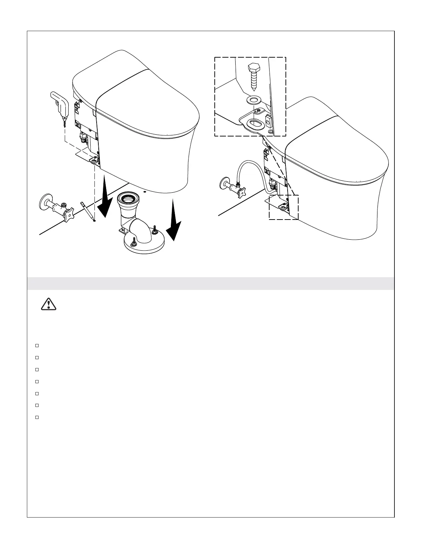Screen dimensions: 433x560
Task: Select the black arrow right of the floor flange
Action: coord(173,222)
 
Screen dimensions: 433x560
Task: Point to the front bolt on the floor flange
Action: coord(134,242)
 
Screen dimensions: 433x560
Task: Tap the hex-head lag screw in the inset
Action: coord(254,76)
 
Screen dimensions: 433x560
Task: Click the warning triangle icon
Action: coord(48,304)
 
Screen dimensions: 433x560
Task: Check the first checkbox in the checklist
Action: coord(37,345)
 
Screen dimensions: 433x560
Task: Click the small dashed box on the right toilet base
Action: coord(283,207)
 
